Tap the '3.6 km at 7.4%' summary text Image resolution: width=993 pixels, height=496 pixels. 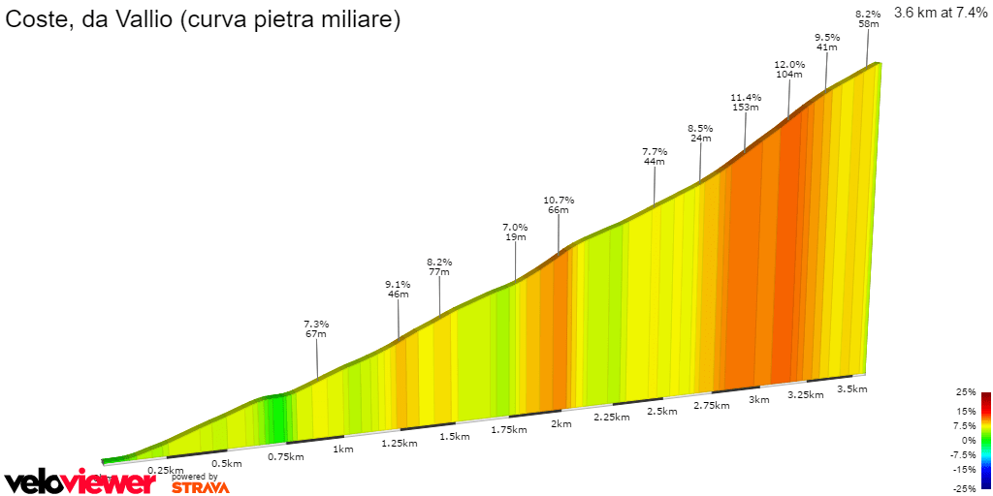(x=940, y=14)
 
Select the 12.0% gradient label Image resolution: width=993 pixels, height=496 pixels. (x=789, y=65)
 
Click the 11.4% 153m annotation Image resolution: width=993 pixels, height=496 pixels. (x=746, y=103)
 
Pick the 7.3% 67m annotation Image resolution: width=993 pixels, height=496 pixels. (x=316, y=328)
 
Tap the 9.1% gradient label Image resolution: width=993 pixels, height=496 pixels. (x=398, y=285)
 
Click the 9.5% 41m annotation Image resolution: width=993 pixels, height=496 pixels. (x=827, y=42)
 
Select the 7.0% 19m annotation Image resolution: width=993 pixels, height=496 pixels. (x=515, y=232)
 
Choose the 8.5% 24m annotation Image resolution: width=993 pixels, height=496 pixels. (x=700, y=133)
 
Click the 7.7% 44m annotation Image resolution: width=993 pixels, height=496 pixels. (x=655, y=156)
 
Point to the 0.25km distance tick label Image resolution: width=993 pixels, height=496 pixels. (x=166, y=470)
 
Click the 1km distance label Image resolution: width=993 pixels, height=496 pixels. (x=342, y=449)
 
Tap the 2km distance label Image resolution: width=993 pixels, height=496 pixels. (x=561, y=424)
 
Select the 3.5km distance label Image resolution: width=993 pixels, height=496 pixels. (x=851, y=389)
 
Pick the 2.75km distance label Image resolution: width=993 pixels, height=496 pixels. (x=711, y=406)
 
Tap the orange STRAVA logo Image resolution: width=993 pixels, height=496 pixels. (x=201, y=487)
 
